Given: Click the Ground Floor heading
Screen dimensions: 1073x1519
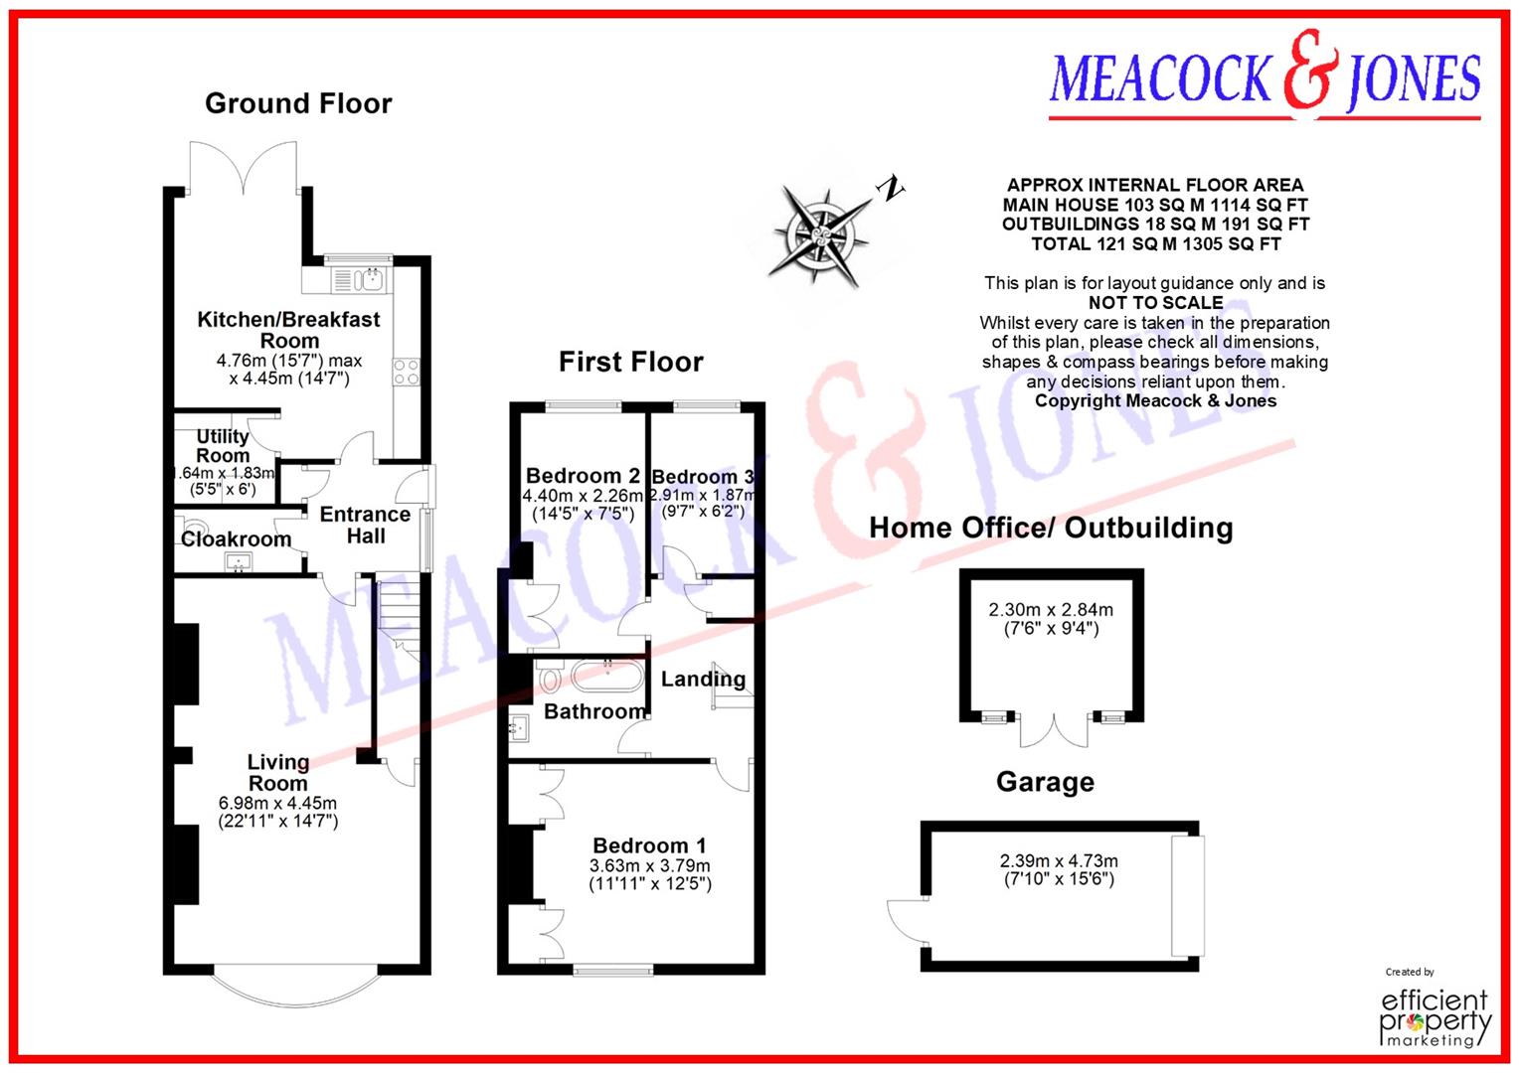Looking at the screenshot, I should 298,103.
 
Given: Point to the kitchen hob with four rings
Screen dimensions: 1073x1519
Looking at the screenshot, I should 406,372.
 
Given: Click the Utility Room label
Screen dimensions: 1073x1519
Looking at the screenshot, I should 223,446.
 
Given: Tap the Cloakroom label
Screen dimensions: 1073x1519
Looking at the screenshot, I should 236,539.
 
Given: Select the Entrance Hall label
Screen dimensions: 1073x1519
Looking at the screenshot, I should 365,525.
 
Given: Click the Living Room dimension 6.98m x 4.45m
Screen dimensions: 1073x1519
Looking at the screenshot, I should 277,803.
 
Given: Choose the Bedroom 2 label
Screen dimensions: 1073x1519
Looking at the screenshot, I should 583,476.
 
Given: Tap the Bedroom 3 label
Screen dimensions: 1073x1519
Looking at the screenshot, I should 702,477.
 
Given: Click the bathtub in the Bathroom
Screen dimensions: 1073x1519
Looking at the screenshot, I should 606,677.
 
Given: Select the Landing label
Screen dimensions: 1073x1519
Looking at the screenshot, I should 703,680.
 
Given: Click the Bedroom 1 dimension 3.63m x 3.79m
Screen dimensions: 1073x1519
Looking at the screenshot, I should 650,865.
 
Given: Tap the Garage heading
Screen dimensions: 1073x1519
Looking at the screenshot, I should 1045,783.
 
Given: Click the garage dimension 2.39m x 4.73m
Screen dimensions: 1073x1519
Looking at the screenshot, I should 1059,861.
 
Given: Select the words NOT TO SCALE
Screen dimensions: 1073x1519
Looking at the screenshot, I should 1155,303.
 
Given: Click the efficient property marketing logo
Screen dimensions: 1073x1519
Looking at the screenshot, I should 1435,1015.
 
